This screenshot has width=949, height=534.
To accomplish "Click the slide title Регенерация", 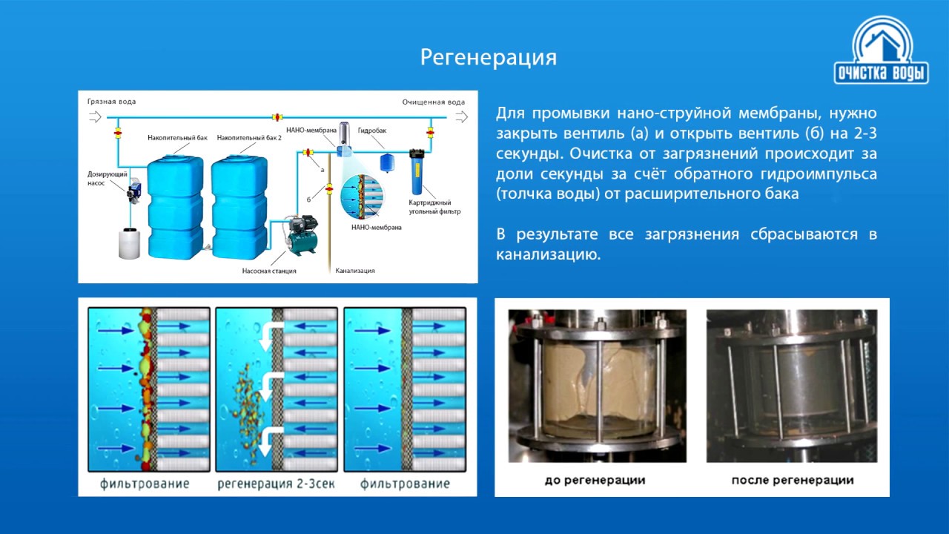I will coord(488,57).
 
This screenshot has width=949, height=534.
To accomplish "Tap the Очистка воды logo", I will coord(882,52).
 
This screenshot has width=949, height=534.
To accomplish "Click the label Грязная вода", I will coord(111,102).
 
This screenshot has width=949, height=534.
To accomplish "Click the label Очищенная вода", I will coord(434,102).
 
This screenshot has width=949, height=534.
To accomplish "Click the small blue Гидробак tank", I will coord(386,161).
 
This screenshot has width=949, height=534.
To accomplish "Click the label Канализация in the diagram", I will coord(355,271).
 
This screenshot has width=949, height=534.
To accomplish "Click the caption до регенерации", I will coord(595,480).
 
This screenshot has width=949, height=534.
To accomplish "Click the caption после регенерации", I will coord(792,480).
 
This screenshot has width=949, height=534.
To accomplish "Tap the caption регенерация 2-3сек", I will coord(277,484).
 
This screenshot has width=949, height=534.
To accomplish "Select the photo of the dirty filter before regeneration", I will coord(597,386).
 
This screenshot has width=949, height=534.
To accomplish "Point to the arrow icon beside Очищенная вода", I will coord(462,116).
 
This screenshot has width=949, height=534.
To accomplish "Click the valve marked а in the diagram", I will coord(308,154).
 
